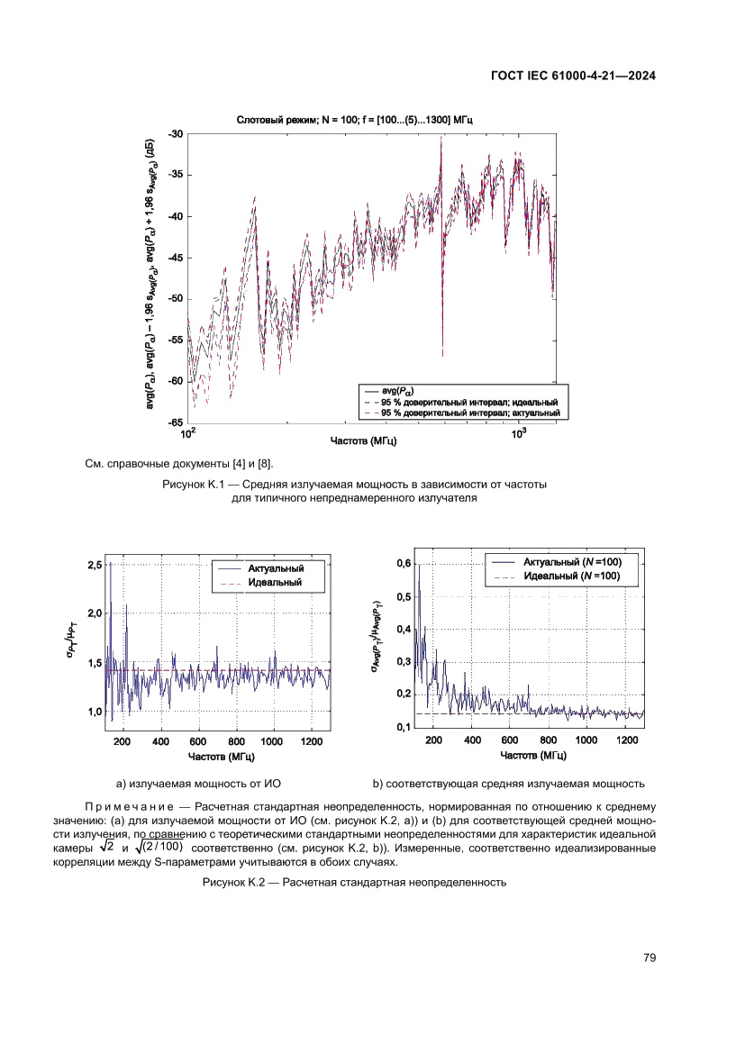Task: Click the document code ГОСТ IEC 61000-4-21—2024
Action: tap(572, 77)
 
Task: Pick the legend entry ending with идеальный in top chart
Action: tap(469, 401)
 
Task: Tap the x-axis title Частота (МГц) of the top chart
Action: tap(364, 441)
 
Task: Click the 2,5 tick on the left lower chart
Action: tap(95, 565)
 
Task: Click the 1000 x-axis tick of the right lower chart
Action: tap(586, 740)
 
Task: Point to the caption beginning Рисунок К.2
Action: tap(354, 883)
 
